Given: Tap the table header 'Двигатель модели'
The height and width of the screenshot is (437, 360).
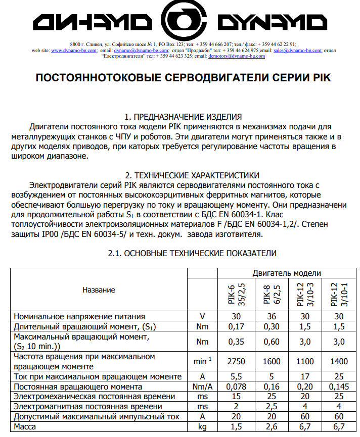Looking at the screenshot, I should [287, 273].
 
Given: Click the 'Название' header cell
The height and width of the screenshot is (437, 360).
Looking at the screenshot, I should [99, 290].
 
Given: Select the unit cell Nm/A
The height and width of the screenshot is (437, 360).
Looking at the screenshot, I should [202, 386].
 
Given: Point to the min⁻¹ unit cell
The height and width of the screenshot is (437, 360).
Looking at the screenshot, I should [202, 361].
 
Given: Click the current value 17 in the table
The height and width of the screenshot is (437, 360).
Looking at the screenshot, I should [306, 376].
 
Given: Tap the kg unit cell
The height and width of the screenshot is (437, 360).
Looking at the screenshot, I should [202, 427].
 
